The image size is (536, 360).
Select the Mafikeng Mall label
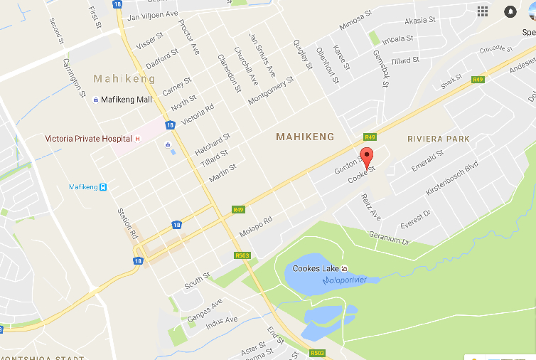127,100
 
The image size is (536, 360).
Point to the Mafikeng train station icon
103,187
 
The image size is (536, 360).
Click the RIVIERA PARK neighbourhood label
438,139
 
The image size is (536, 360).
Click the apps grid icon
483,11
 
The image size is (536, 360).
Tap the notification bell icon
510,11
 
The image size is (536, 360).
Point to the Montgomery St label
271,91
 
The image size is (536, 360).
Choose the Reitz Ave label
370,206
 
